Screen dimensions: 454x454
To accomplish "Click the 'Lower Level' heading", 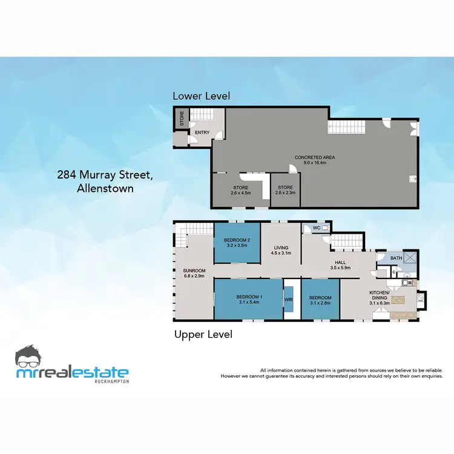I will [201, 96].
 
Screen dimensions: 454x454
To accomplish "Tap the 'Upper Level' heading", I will [203, 334].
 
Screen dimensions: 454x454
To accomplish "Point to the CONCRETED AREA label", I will [314, 157].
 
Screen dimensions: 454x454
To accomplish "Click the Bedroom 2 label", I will [237, 241].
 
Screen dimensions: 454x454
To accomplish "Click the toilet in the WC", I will [326, 228].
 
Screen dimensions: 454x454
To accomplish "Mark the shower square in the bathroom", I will [410, 258].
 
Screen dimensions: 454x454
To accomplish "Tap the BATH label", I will [396, 258].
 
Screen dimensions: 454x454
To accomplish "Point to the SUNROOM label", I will [195, 271].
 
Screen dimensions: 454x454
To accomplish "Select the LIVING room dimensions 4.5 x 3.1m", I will [281, 253].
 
